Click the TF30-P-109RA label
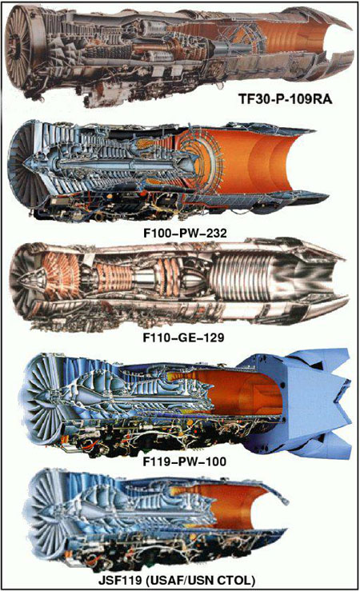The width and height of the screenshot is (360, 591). [286, 98]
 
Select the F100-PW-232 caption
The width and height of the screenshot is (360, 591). [185, 233]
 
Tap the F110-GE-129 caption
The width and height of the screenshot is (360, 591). [183, 337]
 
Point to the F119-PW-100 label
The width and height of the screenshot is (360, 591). [185, 461]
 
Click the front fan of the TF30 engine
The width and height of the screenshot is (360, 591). [18, 48]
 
